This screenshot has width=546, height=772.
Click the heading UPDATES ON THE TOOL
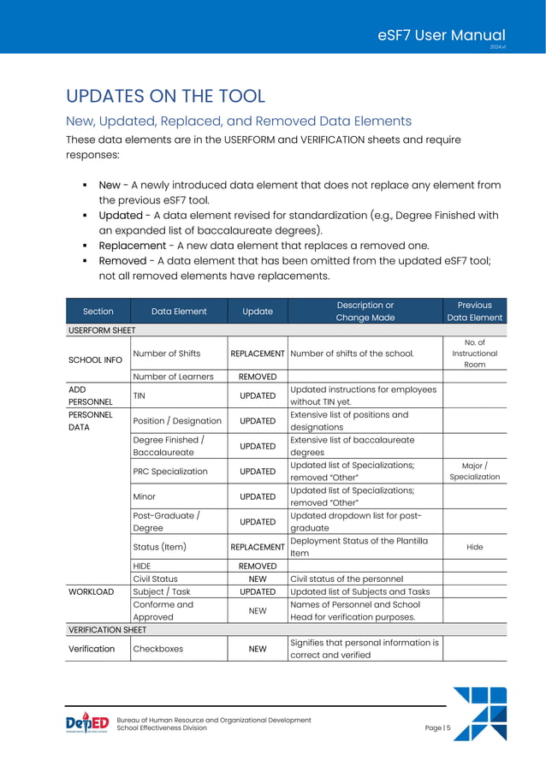165,96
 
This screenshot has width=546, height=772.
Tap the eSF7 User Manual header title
447,34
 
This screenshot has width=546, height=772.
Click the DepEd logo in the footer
87,724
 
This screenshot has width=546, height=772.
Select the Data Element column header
179,312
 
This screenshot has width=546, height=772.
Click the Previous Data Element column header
474,311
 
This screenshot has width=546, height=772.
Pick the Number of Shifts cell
166,353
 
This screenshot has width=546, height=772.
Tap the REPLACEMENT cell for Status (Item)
258,546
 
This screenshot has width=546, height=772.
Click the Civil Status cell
155,579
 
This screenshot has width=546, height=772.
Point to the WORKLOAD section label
92,591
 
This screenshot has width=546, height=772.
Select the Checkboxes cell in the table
158,649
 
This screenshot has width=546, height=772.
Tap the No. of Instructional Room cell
474,353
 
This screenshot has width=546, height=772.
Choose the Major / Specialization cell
474,471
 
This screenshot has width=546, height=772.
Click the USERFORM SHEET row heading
102,329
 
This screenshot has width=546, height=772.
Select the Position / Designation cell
177,420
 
